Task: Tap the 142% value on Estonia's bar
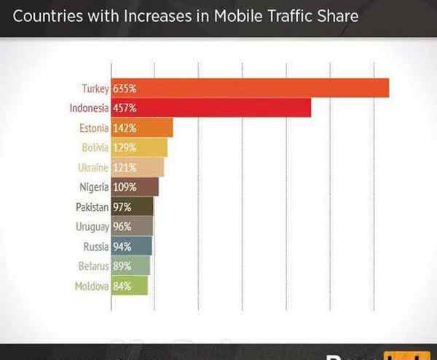pyautogui.click(x=125, y=128)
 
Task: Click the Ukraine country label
pyautogui.click(x=93, y=168)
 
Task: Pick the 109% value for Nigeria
pyautogui.click(x=125, y=187)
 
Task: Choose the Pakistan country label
pyautogui.click(x=92, y=207)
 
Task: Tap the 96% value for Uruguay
pyautogui.click(x=122, y=227)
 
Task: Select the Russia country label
pyautogui.click(x=95, y=246)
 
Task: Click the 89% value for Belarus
pyautogui.click(x=122, y=266)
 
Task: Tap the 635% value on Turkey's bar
pyautogui.click(x=125, y=89)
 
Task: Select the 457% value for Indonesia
pyautogui.click(x=125, y=109)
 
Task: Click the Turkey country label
pyautogui.click(x=95, y=89)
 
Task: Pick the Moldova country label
pyautogui.click(x=92, y=286)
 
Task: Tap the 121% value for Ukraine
pyautogui.click(x=125, y=168)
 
